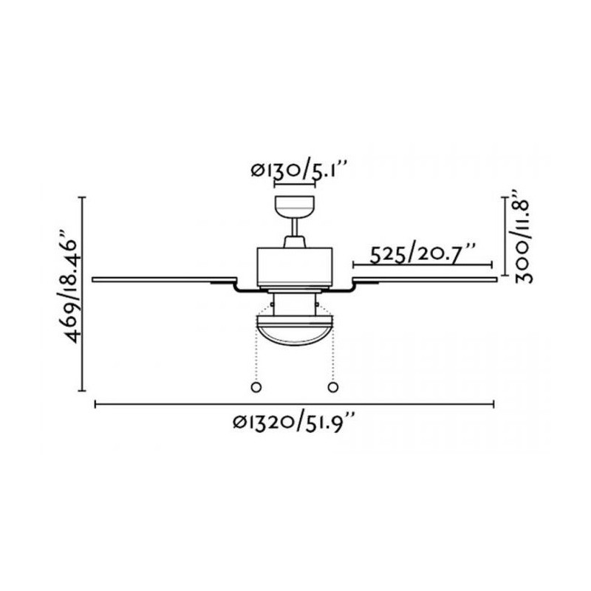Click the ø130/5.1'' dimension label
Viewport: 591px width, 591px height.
(x=298, y=170)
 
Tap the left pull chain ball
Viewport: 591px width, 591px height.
(x=256, y=387)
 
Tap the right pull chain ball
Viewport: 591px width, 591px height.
(x=333, y=387)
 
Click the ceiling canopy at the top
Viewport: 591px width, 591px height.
(x=295, y=207)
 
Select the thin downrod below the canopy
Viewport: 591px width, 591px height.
(x=295, y=228)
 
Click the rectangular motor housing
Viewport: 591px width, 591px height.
(x=295, y=267)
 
